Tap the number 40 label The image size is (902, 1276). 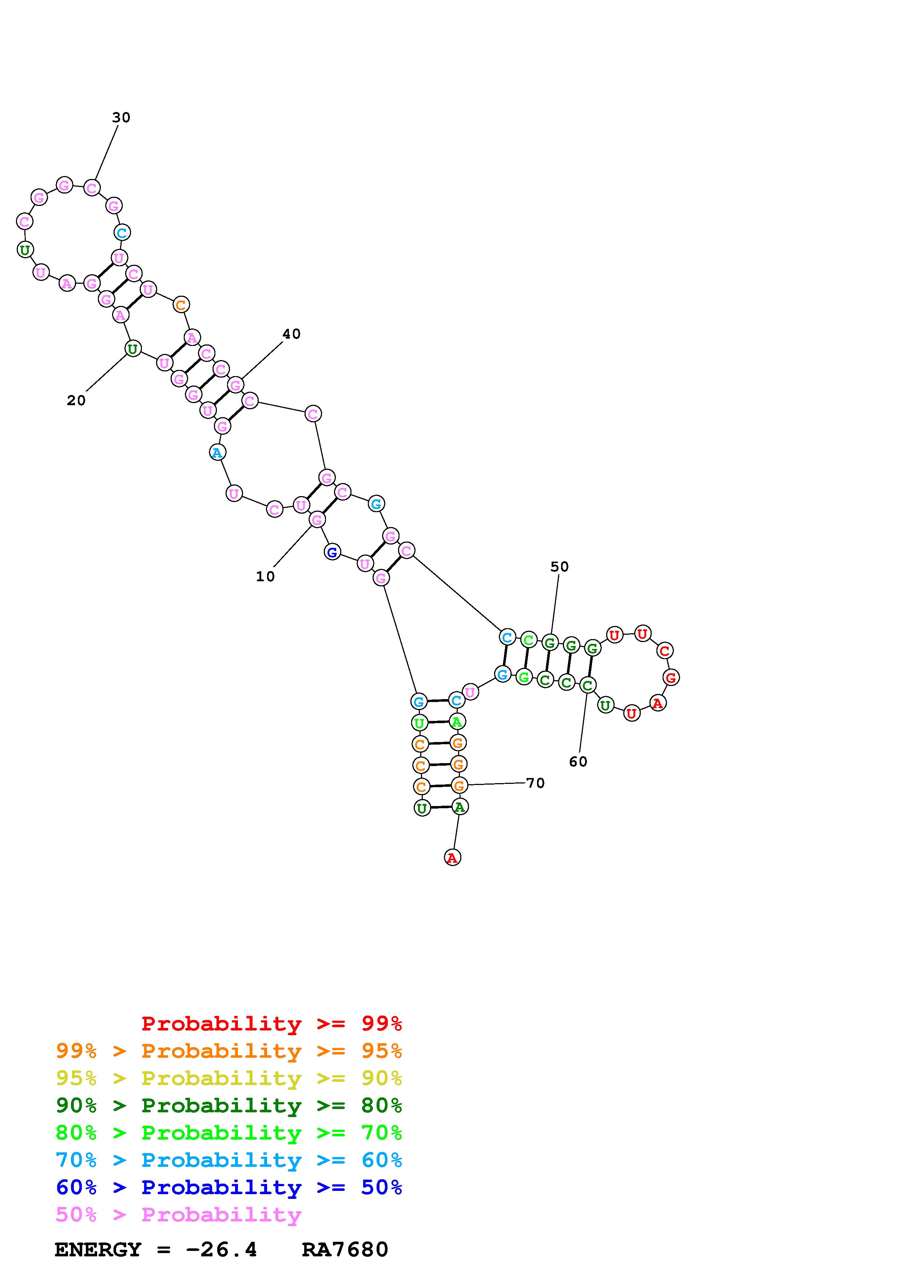tap(291, 334)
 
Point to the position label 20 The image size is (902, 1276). tap(76, 401)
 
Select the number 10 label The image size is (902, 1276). tap(265, 577)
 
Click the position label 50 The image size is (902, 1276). tap(560, 567)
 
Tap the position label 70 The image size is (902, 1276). tap(535, 783)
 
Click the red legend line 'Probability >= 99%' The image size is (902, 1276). tap(272, 1024)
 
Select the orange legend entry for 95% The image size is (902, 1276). tap(229, 1051)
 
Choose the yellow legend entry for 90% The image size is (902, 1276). tap(229, 1078)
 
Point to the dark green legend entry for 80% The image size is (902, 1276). tap(229, 1105)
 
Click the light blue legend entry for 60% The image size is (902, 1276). tap(229, 1160)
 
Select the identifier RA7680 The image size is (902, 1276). tap(345, 1250)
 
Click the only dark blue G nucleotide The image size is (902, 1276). tap(332, 553)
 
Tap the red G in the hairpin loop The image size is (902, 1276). tap(671, 677)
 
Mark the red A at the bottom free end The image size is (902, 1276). tap(452, 858)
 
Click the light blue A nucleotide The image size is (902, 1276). tap(217, 452)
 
